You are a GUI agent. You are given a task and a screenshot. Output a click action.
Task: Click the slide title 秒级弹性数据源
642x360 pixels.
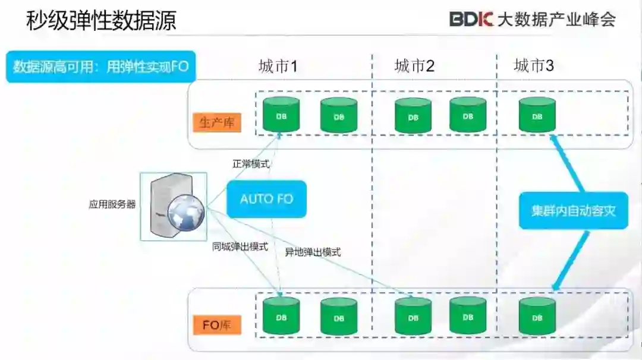tap(101, 21)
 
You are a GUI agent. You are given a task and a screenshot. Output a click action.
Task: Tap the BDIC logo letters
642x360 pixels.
tap(471, 19)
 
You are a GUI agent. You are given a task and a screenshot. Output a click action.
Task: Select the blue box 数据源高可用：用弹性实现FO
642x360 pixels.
tap(100, 67)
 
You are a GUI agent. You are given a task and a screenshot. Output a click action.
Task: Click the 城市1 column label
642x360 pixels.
tap(278, 66)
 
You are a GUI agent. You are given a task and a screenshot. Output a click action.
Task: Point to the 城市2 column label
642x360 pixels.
tap(414, 66)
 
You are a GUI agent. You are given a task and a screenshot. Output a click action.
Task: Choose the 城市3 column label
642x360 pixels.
tap(533, 66)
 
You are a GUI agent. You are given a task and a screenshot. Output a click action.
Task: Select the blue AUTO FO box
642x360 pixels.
tap(266, 198)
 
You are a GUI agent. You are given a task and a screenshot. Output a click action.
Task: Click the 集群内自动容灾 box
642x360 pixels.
tap(573, 211)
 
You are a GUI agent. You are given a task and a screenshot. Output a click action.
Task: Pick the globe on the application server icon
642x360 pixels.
tap(185, 213)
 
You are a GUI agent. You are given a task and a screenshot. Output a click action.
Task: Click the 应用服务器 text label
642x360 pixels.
tap(112, 204)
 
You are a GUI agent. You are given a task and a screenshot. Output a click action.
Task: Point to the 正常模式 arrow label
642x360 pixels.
tap(251, 164)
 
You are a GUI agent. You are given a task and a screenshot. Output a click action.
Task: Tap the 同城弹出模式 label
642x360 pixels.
tap(240, 246)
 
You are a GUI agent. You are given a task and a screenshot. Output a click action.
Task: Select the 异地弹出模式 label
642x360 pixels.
tap(313, 252)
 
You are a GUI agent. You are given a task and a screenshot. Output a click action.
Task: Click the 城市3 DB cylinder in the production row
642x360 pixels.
tap(537, 115)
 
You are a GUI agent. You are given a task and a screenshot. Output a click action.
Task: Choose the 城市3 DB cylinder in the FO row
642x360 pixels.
tap(537, 317)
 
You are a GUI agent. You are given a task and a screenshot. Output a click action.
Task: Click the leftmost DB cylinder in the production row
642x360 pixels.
tap(281, 115)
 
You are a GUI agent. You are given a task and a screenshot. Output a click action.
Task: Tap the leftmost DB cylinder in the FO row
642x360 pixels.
tap(281, 317)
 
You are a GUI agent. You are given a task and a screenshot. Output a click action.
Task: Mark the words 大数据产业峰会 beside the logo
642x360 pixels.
tap(556, 19)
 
